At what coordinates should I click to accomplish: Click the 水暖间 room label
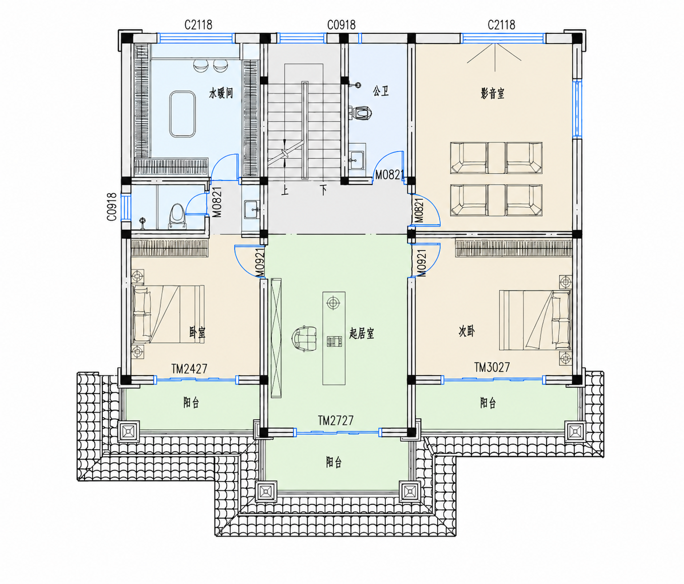[221, 93]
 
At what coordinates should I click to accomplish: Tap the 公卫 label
[381, 91]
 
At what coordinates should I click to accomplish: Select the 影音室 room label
[493, 93]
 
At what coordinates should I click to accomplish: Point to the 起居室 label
[362, 333]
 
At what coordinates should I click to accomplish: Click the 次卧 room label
[466, 331]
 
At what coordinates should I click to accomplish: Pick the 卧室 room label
[197, 332]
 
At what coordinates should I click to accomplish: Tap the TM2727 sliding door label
[335, 421]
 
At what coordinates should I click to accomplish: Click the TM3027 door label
[492, 367]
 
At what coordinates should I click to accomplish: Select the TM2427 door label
[189, 369]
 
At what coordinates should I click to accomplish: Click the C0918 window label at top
[341, 25]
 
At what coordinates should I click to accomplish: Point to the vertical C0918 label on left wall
[112, 207]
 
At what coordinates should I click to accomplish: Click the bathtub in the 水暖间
[182, 114]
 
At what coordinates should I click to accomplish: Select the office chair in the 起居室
[304, 338]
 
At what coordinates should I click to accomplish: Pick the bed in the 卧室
[168, 314]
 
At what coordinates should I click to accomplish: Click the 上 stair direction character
[285, 190]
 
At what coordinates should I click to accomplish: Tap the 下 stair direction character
[323, 190]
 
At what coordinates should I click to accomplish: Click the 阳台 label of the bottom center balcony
[333, 462]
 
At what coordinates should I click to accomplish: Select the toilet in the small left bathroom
[177, 216]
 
